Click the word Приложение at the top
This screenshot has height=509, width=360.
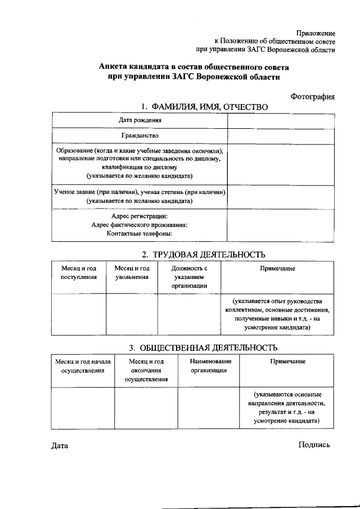click(x=316, y=34)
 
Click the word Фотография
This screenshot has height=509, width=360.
click(x=312, y=97)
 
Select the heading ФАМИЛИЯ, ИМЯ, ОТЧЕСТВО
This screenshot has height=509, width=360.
click(x=204, y=107)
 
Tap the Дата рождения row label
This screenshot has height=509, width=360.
click(x=140, y=120)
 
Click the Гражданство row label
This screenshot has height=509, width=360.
click(x=140, y=136)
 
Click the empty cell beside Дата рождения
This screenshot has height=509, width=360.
click(x=281, y=120)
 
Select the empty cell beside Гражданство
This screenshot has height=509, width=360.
click(x=281, y=136)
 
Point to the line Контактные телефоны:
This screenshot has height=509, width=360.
click(x=139, y=233)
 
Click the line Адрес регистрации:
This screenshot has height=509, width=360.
click(x=139, y=216)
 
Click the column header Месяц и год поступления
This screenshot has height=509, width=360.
click(x=79, y=273)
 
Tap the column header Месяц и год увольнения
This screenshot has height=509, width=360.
click(x=132, y=273)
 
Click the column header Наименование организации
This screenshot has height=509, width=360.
click(x=209, y=366)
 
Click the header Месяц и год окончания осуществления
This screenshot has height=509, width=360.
click(x=146, y=370)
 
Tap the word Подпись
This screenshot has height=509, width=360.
click(x=314, y=445)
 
